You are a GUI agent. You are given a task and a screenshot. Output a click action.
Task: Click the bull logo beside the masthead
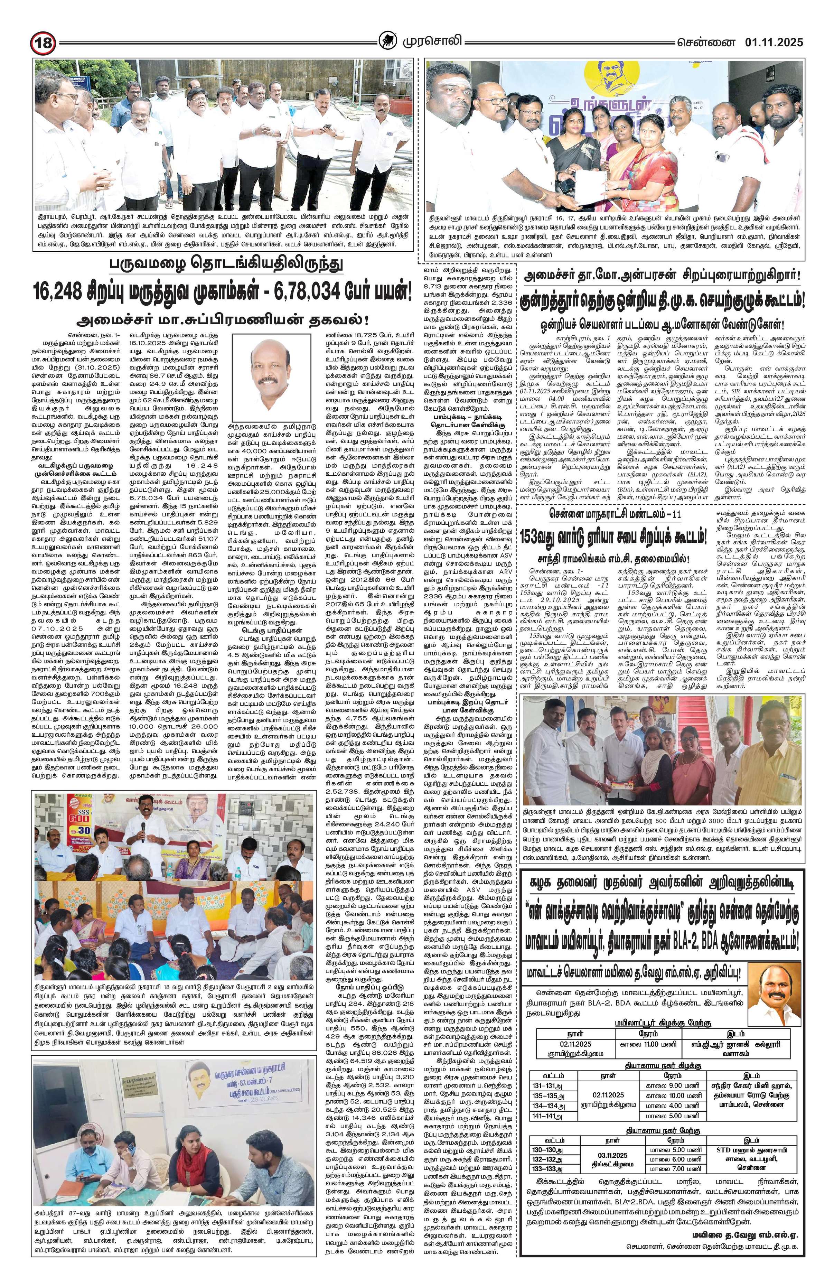[385, 41]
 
